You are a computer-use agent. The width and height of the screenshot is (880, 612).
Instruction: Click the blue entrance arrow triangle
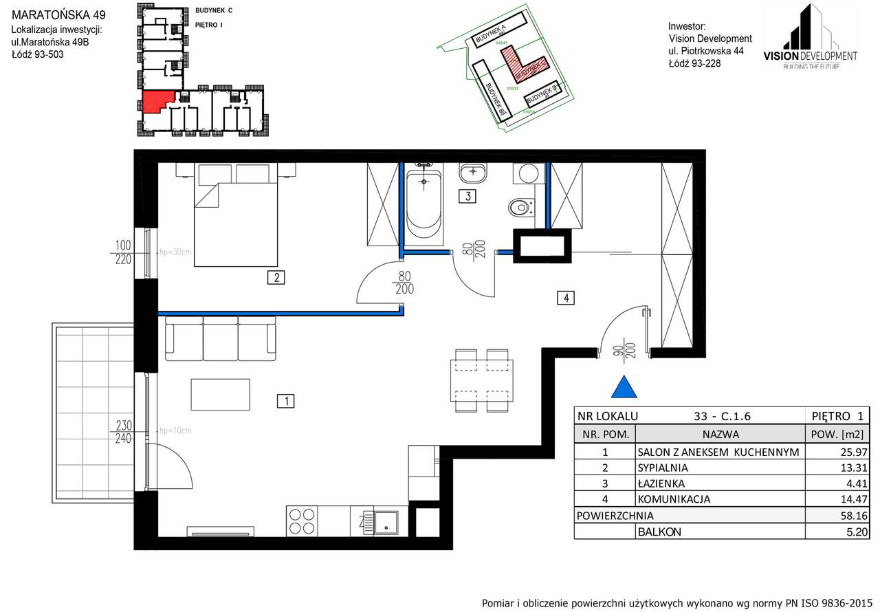(624, 389)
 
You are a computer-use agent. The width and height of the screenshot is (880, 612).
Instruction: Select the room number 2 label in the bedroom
(276, 278)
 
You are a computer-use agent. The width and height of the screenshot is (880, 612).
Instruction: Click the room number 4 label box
(565, 298)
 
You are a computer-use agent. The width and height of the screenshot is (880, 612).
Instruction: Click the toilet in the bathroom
(520, 205)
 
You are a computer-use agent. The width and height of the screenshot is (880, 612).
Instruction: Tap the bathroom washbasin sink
(472, 171)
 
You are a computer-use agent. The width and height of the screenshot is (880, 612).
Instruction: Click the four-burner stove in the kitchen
(302, 521)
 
